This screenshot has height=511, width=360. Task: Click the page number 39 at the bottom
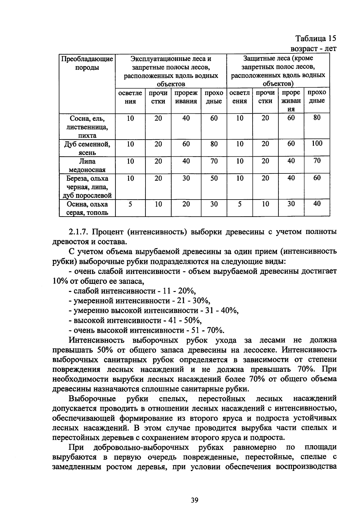tap(195, 500)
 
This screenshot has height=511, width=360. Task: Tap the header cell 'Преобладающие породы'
tap(87, 63)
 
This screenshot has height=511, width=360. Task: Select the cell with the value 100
tap(317, 143)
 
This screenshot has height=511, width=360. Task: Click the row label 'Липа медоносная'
tap(87, 165)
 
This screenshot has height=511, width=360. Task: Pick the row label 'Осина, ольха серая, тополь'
tap(87, 208)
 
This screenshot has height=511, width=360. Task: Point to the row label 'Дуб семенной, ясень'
tap(87, 148)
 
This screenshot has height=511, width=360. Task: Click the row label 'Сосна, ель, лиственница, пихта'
tap(87, 127)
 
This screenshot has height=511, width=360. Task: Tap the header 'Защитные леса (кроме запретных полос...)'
tap(278, 71)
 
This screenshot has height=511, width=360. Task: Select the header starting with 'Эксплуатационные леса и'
tap(171, 71)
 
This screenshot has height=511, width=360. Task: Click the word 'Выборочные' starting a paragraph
tap(92, 399)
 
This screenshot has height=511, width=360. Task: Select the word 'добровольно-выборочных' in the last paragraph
tap(141, 447)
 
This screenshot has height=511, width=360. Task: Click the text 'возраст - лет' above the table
tap(313, 49)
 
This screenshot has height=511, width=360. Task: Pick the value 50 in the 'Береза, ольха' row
tap(214, 178)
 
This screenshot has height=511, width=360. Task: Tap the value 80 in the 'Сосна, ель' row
tap(317, 118)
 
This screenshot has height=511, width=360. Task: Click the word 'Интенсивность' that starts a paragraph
tap(96, 340)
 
